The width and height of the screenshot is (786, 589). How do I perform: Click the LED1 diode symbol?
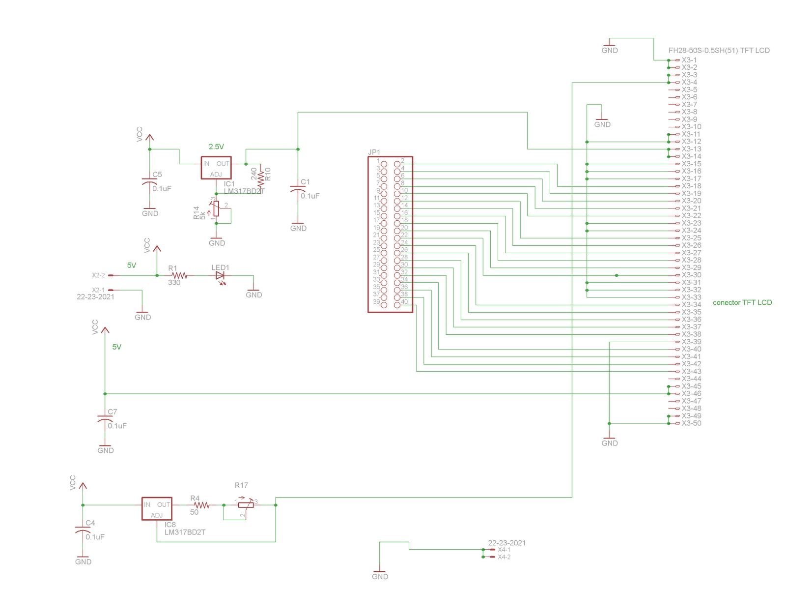pyautogui.click(x=220, y=275)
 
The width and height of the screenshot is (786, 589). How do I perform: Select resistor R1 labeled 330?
pyautogui.click(x=179, y=275)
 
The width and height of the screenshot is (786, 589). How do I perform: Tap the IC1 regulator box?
pyautogui.click(x=216, y=168)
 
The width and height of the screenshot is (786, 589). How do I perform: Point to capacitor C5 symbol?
pyautogui.click(x=150, y=182)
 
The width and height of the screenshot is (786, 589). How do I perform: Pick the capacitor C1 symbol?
pyautogui.click(x=298, y=190)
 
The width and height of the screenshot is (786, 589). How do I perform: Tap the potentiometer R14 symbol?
pyautogui.click(x=216, y=208)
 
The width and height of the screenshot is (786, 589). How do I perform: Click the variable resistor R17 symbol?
pyautogui.click(x=246, y=505)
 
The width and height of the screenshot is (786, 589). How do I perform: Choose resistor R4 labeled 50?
pyautogui.click(x=201, y=505)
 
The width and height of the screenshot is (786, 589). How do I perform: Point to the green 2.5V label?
pyautogui.click(x=216, y=147)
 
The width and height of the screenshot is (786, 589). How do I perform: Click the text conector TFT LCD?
pyautogui.click(x=742, y=302)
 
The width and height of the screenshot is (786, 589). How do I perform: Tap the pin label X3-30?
pyautogui.click(x=691, y=275)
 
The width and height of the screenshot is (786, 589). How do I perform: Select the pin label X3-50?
pyautogui.click(x=691, y=423)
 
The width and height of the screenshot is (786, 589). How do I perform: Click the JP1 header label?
pyautogui.click(x=374, y=152)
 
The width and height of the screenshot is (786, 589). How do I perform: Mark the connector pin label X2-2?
pyautogui.click(x=98, y=275)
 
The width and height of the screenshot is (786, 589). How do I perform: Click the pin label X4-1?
pyautogui.click(x=504, y=550)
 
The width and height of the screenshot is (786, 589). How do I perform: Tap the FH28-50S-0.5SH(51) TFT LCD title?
pyautogui.click(x=719, y=50)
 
